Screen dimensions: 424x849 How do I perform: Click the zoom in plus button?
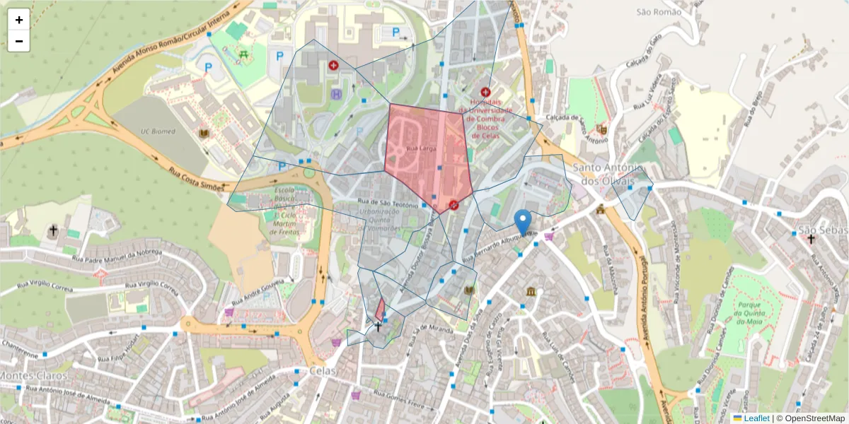pos(18,20)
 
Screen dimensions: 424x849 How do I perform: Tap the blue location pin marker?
pos(523,221)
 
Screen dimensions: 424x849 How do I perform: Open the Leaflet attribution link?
pos(756,418)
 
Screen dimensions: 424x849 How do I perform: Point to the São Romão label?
pos(658,12)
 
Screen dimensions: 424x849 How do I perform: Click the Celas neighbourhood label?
pos(320,371)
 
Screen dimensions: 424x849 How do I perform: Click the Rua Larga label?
pos(422,148)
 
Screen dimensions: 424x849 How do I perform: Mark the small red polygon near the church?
pos(380,310)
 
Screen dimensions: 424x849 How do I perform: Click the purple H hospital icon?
pos(336,93)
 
